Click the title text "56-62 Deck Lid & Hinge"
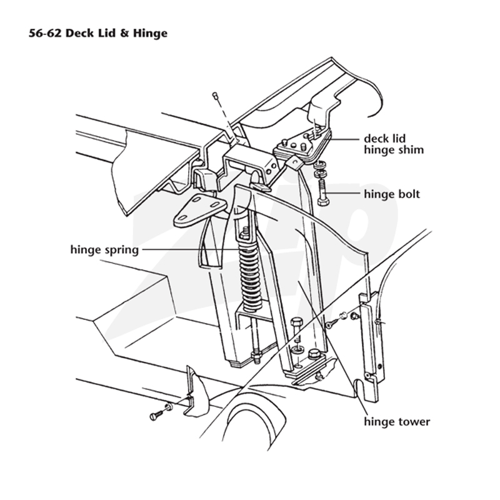[x=98, y=33]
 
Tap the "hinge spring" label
[x=104, y=249]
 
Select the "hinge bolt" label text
[x=392, y=194]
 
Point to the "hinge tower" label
[x=397, y=421]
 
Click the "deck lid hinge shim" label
[x=394, y=144]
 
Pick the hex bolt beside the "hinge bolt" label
[x=323, y=192]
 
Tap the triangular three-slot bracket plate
[x=199, y=211]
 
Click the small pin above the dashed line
[x=215, y=95]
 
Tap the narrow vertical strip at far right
[x=372, y=347]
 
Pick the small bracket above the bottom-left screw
[x=195, y=393]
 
